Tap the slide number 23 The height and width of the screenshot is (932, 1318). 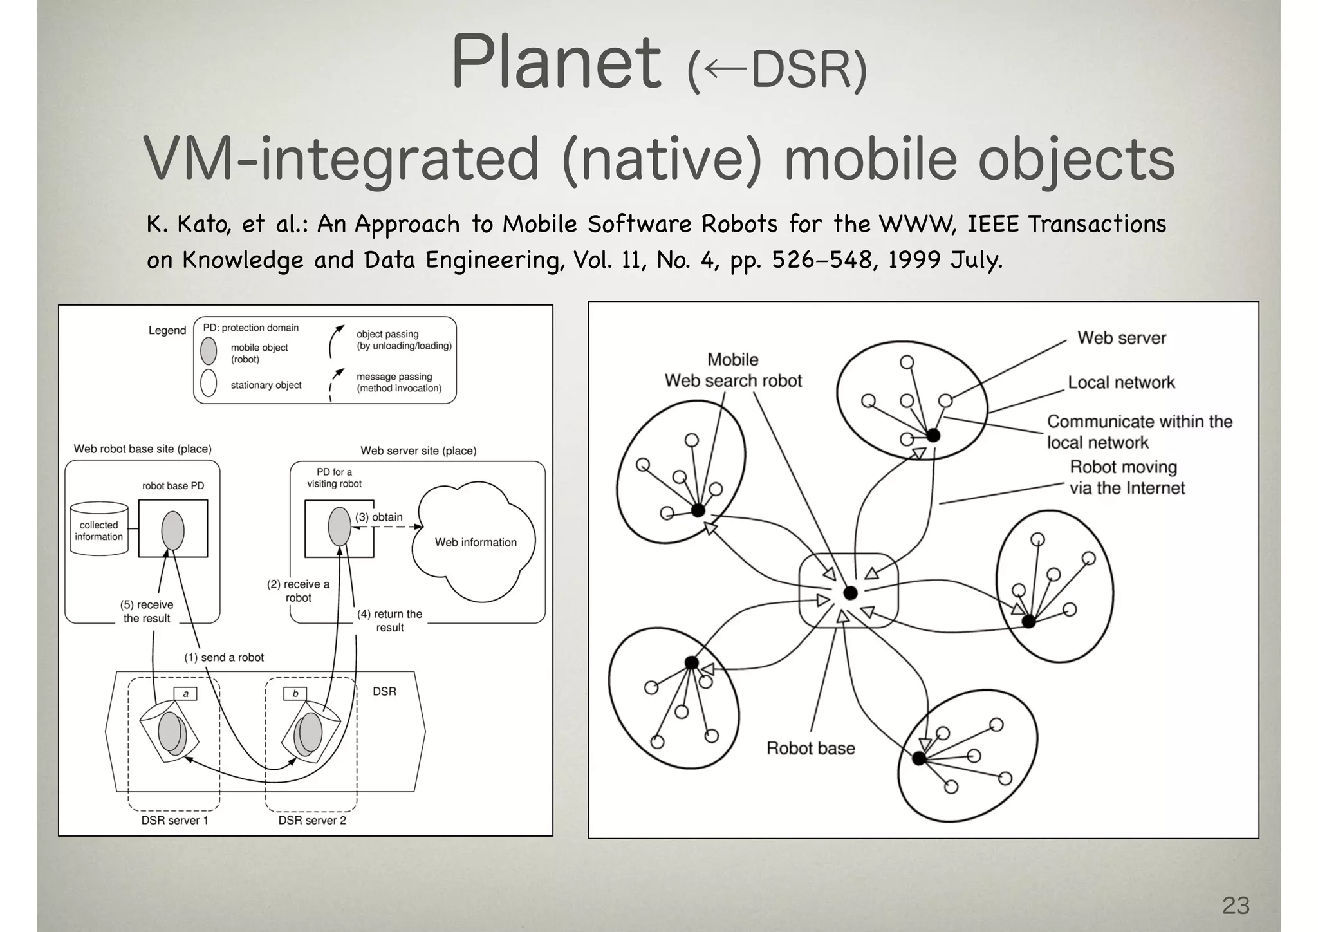[1235, 905]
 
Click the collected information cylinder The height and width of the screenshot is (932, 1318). [99, 530]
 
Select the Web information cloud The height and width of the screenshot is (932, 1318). [475, 542]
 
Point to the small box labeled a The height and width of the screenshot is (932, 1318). [185, 694]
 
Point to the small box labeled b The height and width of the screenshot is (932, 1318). [295, 694]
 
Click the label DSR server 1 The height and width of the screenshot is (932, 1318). [174, 820]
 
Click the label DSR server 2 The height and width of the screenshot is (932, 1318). [312, 820]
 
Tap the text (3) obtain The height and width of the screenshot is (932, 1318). [379, 517]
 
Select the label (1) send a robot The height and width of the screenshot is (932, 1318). [224, 657]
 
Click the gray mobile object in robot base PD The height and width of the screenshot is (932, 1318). [172, 530]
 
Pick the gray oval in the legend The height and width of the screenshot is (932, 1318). [209, 351]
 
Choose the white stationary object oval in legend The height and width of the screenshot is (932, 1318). [209, 383]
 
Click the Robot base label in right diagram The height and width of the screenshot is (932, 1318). [810, 748]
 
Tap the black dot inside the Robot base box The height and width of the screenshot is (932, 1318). [850, 593]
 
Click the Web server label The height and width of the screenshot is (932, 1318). [1121, 338]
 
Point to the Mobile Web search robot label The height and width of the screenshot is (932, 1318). [733, 370]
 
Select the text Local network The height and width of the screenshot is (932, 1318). [1121, 382]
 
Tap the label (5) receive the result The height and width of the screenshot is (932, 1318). [147, 611]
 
